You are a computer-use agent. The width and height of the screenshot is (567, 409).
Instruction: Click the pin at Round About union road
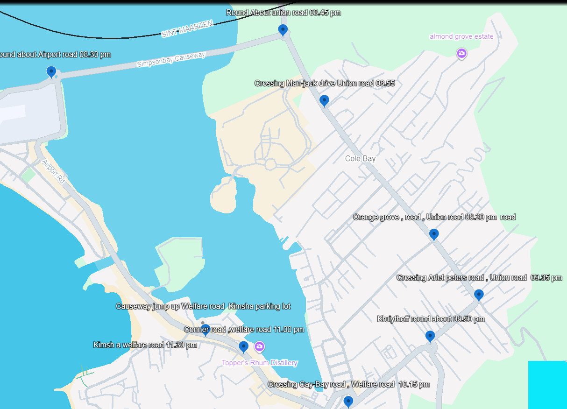pyautogui.click(x=283, y=30)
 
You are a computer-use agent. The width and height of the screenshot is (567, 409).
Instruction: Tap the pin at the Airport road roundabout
pyautogui.click(x=51, y=71)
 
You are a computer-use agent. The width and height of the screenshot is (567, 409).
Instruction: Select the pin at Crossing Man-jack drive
pyautogui.click(x=324, y=100)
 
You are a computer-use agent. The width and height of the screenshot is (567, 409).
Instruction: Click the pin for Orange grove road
pyautogui.click(x=434, y=234)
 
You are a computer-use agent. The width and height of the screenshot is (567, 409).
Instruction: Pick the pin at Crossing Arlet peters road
pyautogui.click(x=479, y=295)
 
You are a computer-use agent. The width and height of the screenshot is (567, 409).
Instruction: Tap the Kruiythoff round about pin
pyautogui.click(x=430, y=336)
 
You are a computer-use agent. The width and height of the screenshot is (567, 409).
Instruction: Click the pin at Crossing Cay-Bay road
pyautogui.click(x=348, y=401)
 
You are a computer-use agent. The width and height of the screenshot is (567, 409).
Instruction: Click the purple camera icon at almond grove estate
pyautogui.click(x=461, y=54)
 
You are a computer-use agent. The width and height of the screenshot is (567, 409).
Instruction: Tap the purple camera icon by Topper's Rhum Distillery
pyautogui.click(x=260, y=347)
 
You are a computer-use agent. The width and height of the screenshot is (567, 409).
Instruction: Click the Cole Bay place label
pyautogui.click(x=360, y=159)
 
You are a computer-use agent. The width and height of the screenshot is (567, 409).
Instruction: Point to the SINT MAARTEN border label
pyautogui.click(x=187, y=29)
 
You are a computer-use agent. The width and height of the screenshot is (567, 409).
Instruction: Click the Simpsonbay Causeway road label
pyautogui.click(x=171, y=60)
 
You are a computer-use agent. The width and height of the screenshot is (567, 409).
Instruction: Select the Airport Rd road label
pyautogui.click(x=53, y=171)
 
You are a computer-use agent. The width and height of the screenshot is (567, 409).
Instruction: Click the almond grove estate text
pyautogui.click(x=461, y=36)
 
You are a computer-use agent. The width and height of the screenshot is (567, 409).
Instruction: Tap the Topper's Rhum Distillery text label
pyautogui.click(x=260, y=363)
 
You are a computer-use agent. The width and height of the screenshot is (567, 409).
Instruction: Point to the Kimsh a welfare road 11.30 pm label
pyautogui.click(x=145, y=345)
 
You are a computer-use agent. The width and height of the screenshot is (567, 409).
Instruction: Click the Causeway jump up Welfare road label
pyautogui.click(x=203, y=306)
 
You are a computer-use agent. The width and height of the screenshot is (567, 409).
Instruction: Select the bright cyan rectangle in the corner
pyautogui.click(x=547, y=385)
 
